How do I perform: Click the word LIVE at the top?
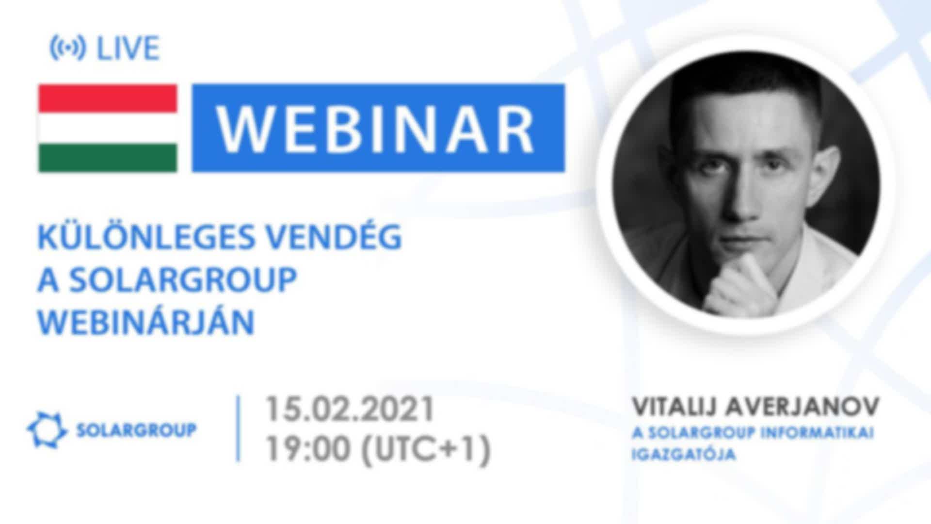(x=128, y=49)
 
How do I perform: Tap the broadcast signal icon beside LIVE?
(x=68, y=49)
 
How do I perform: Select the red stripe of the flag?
(x=108, y=98)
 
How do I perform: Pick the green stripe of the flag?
(x=108, y=158)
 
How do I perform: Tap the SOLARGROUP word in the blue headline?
(x=182, y=279)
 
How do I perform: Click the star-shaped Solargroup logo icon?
(x=47, y=429)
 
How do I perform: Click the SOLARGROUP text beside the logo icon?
(x=137, y=430)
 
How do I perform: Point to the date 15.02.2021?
(x=349, y=409)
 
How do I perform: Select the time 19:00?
(x=307, y=449)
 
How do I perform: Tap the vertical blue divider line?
(x=238, y=428)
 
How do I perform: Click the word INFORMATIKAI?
(x=817, y=433)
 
